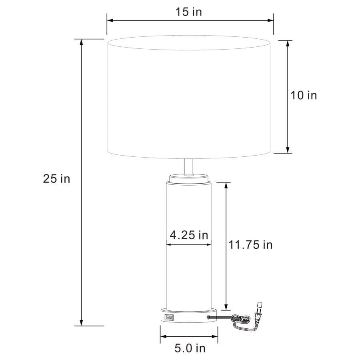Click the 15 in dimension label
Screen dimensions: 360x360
188,12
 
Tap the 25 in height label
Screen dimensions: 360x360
56,178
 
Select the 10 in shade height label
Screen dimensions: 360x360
303,95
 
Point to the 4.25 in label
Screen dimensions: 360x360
189,235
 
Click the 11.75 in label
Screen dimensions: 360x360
250,244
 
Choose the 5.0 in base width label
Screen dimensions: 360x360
190,348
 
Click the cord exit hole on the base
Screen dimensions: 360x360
208,317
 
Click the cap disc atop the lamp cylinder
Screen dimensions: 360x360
189,177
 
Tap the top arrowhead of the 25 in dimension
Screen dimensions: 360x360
82,42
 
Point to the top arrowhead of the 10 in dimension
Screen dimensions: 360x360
288,43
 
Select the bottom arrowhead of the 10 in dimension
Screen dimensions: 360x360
288,150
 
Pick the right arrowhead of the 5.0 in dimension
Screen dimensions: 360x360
215,336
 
